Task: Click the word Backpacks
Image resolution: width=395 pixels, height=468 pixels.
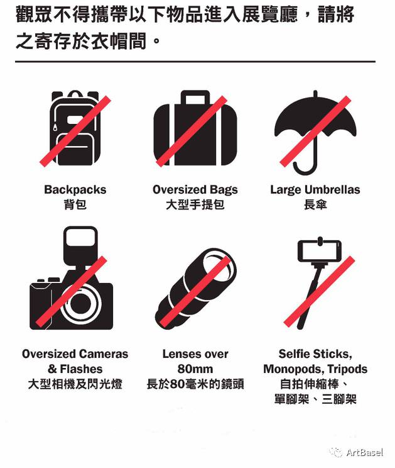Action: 75,190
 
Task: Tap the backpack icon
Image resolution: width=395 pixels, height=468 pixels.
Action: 75,128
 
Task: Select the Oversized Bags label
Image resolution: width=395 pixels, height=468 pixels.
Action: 195,190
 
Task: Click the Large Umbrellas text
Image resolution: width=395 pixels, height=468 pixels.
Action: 315,190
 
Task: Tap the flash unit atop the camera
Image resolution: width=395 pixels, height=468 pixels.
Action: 80,243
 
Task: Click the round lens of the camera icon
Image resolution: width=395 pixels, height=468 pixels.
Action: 80,304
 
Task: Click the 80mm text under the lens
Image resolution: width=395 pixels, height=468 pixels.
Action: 195,369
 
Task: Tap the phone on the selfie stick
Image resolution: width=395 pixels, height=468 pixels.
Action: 320,251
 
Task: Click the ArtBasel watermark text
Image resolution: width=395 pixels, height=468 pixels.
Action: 365,452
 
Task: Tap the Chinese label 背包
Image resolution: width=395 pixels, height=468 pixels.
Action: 75,205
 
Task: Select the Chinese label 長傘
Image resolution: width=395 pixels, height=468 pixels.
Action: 315,205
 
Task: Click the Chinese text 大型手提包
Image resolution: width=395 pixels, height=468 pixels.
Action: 195,205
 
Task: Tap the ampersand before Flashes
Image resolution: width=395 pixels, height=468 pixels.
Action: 52,369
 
